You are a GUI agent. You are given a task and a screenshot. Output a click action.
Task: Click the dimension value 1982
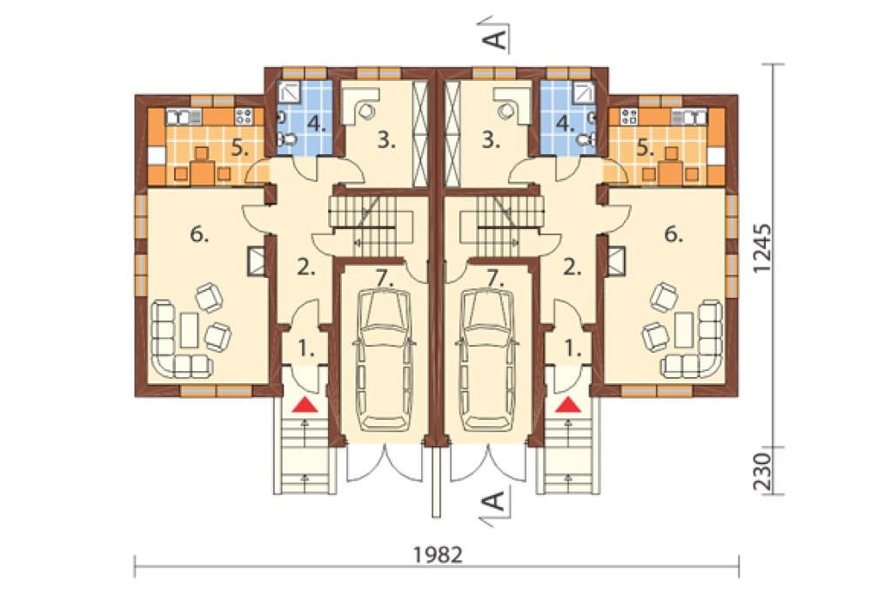(x=438, y=554)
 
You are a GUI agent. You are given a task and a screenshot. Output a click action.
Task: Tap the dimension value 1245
(x=764, y=247)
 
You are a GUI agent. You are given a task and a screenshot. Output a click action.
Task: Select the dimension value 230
(x=764, y=472)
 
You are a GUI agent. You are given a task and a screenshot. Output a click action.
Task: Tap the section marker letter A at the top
(x=496, y=39)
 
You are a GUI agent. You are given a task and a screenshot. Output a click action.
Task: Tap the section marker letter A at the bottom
(x=496, y=502)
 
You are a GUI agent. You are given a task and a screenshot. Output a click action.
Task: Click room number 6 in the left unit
(x=199, y=233)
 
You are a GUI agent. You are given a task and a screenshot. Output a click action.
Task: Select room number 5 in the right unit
(x=646, y=148)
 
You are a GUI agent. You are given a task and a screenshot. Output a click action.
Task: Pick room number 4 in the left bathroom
(x=317, y=124)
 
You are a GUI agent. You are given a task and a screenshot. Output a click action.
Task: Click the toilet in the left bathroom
(x=289, y=139)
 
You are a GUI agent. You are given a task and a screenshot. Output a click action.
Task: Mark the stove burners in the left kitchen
(x=244, y=118)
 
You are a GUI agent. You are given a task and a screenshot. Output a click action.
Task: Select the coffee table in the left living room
(x=189, y=329)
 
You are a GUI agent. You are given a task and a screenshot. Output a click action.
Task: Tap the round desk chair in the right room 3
(x=505, y=111)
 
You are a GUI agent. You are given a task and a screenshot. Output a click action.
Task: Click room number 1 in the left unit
(x=305, y=349)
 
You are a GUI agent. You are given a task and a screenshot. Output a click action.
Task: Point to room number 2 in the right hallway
(x=573, y=267)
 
